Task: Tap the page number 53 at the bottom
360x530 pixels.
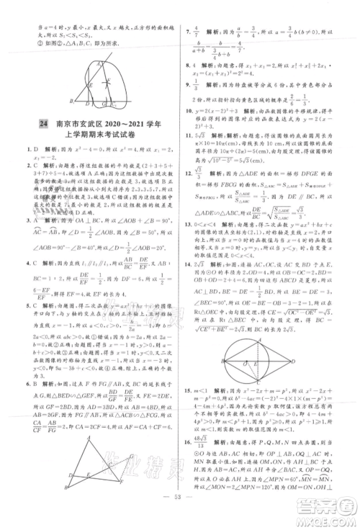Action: (181, 516)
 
